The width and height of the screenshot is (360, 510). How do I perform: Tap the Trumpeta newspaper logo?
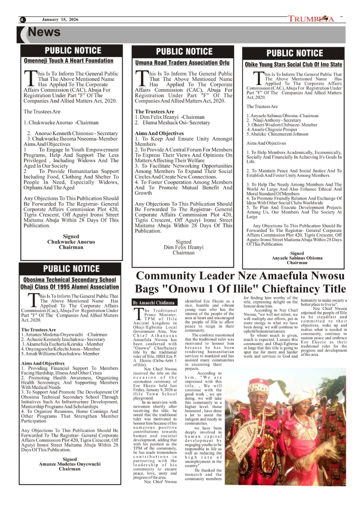311,19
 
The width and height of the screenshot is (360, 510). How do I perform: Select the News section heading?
44,33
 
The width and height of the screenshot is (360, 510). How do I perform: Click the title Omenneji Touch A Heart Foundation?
68,61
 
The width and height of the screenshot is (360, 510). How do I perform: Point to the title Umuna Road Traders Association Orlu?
182,63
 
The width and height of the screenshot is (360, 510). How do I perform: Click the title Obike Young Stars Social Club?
293,65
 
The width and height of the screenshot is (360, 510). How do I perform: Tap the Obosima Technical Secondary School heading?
70,280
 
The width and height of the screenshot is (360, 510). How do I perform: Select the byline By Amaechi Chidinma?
153,303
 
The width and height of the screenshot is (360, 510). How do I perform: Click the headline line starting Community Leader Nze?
241,276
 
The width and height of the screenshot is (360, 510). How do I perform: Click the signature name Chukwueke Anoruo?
71,242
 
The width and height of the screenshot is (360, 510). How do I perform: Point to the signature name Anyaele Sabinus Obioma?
297,258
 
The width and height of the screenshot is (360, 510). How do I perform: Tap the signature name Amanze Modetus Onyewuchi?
70,464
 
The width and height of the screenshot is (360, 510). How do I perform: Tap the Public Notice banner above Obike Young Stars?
294,53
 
